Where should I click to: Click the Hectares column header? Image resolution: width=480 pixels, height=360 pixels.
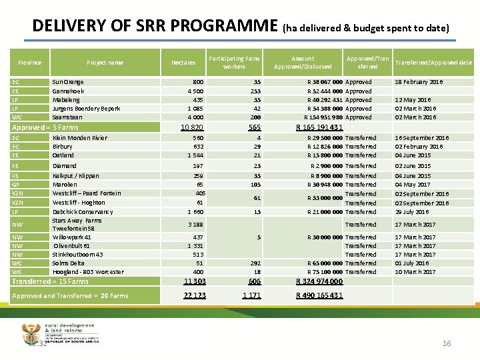coord(183,63)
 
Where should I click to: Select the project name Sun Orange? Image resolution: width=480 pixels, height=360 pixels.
coord(67,82)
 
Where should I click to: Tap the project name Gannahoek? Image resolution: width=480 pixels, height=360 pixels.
coord(68,91)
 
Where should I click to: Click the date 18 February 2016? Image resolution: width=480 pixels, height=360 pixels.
coord(419,82)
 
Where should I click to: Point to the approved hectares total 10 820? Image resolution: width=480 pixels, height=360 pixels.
coord(192,128)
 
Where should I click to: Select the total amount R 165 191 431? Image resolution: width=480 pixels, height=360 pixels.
coord(319,128)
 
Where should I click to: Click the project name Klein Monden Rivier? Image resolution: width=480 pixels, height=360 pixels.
coord(79,138)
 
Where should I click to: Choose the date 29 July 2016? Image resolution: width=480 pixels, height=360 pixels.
coord(413,211)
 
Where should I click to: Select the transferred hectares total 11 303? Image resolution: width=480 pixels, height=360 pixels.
coord(194,282)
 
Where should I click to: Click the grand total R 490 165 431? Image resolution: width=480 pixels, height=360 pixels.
coord(319,295)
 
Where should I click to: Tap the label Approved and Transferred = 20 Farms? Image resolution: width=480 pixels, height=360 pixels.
coord(70,296)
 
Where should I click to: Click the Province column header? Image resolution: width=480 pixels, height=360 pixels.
coord(30,63)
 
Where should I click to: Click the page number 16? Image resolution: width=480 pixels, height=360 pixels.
coord(447,343)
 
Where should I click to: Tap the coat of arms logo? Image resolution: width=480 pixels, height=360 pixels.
coord(31,333)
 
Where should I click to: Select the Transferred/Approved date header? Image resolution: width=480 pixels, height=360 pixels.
coord(433,63)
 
